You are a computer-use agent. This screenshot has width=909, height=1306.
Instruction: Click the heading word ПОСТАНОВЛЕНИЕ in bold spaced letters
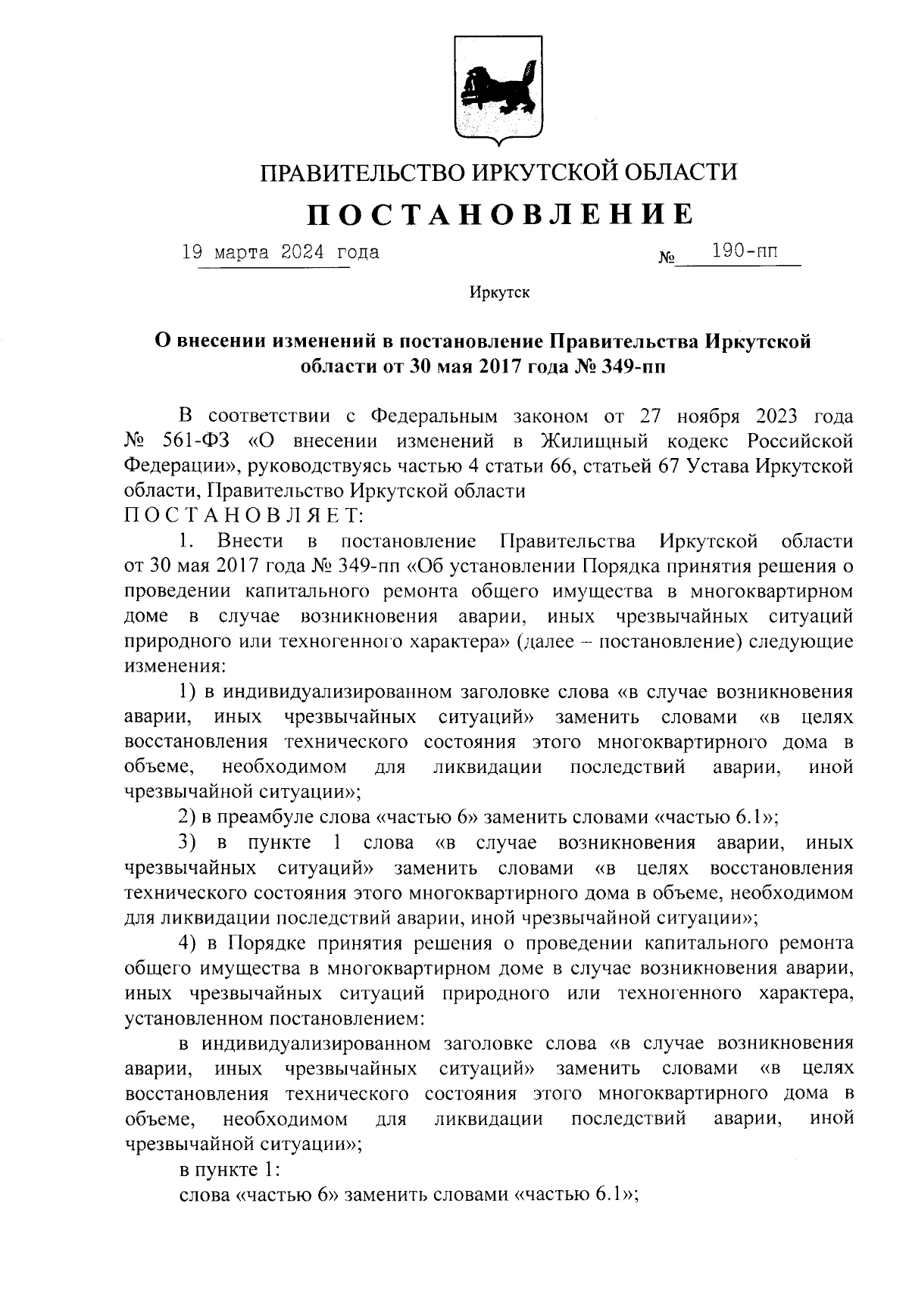(x=499, y=214)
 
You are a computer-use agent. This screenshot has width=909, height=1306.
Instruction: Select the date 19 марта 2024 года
(x=281, y=252)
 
